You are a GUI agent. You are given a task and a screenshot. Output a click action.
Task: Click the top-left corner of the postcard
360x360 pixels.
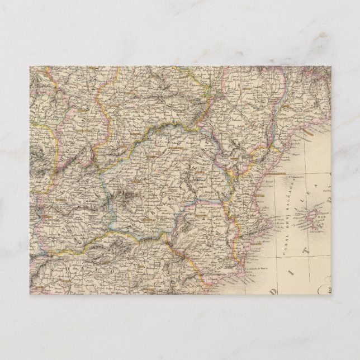30,67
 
